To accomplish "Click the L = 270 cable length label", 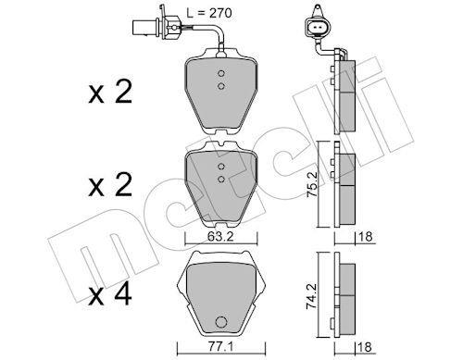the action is click(209, 13).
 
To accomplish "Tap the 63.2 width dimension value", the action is click(220, 237).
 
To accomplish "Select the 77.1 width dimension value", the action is click(221, 347).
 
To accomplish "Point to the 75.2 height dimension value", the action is click(312, 185).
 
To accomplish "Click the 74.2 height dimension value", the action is click(312, 296).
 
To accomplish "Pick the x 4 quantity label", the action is click(110, 295).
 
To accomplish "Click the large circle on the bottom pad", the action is click(221, 322).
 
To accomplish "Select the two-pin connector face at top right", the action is click(318, 29).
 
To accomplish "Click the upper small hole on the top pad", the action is click(220, 73).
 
